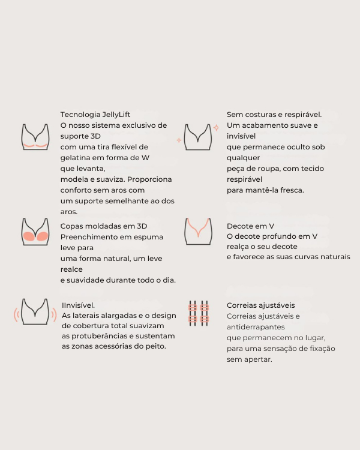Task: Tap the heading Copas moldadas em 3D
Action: point(104,226)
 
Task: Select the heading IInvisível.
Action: point(79,305)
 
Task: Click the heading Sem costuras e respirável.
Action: point(274,115)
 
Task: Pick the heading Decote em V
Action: point(250,226)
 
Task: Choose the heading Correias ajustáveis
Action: point(260,305)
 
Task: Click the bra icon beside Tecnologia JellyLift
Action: point(35,137)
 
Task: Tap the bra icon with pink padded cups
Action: point(35,231)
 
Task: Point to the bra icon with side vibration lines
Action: point(35,311)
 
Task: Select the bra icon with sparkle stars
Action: point(198,137)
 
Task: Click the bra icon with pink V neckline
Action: point(198,231)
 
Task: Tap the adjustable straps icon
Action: point(198,313)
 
